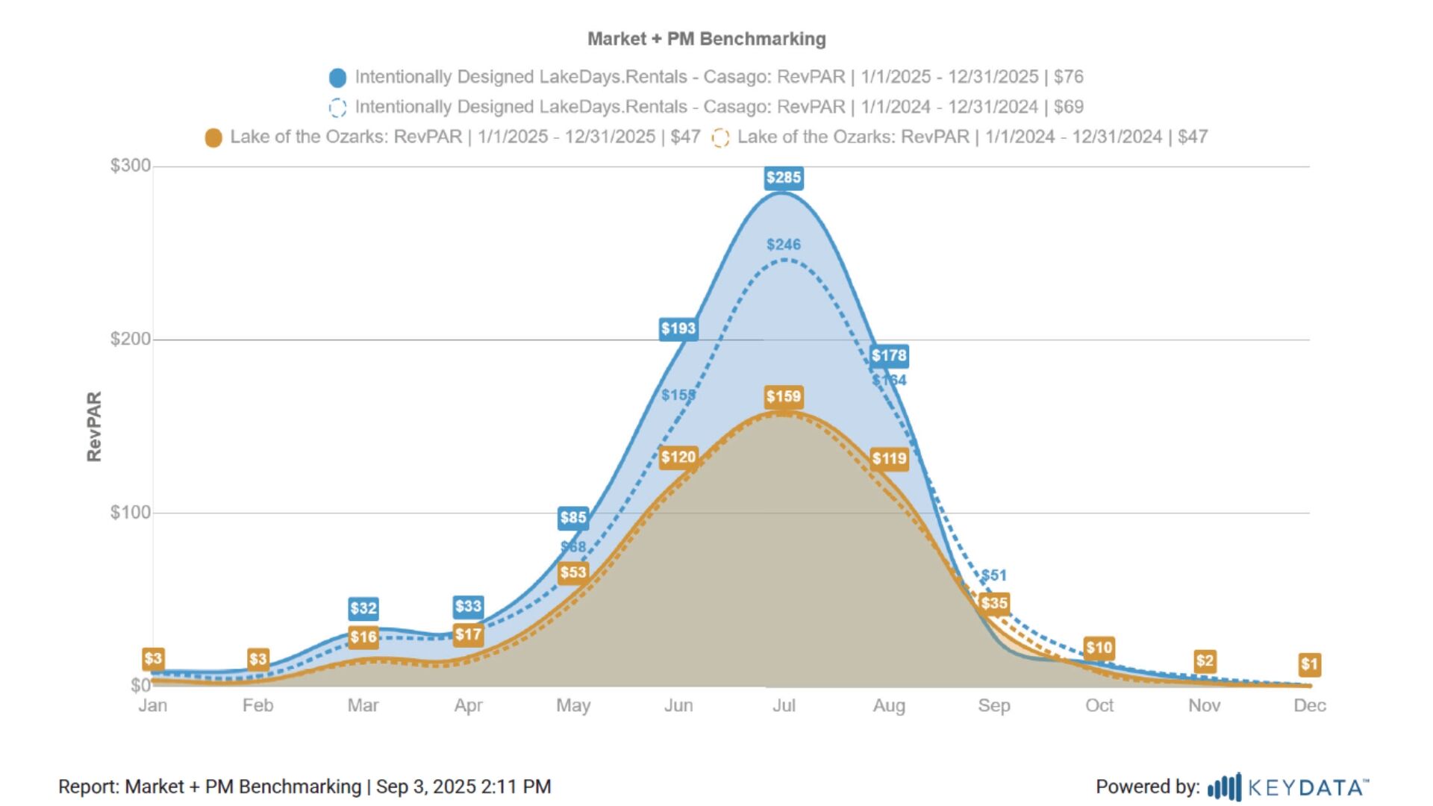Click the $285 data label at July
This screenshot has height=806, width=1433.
pyautogui.click(x=783, y=178)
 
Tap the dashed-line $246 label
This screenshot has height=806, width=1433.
pyautogui.click(x=783, y=245)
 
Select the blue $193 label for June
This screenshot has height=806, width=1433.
pyautogui.click(x=678, y=328)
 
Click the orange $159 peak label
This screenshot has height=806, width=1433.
pyautogui.click(x=783, y=397)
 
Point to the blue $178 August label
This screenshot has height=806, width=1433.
pyautogui.click(x=889, y=356)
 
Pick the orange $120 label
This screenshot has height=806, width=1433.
pyautogui.click(x=678, y=457)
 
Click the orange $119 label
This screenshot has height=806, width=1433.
pyautogui.click(x=889, y=459)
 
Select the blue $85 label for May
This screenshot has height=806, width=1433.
pyautogui.click(x=573, y=518)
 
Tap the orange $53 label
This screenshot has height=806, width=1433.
pyautogui.click(x=573, y=573)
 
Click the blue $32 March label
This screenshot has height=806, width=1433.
pyautogui.click(x=363, y=608)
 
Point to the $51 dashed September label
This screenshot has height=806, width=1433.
pyautogui.click(x=994, y=575)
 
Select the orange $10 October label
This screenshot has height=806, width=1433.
pyautogui.click(x=1099, y=648)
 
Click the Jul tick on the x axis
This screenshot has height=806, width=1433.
pyautogui.click(x=783, y=706)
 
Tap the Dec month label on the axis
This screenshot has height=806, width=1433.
pyautogui.click(x=1309, y=706)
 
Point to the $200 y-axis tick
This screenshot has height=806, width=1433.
pyautogui.click(x=131, y=340)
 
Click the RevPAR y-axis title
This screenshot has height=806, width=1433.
pyautogui.click(x=94, y=426)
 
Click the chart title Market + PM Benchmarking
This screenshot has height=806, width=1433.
pyautogui.click(x=706, y=39)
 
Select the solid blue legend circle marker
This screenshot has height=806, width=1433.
pyautogui.click(x=337, y=78)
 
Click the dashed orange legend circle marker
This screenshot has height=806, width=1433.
pyautogui.click(x=719, y=138)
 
